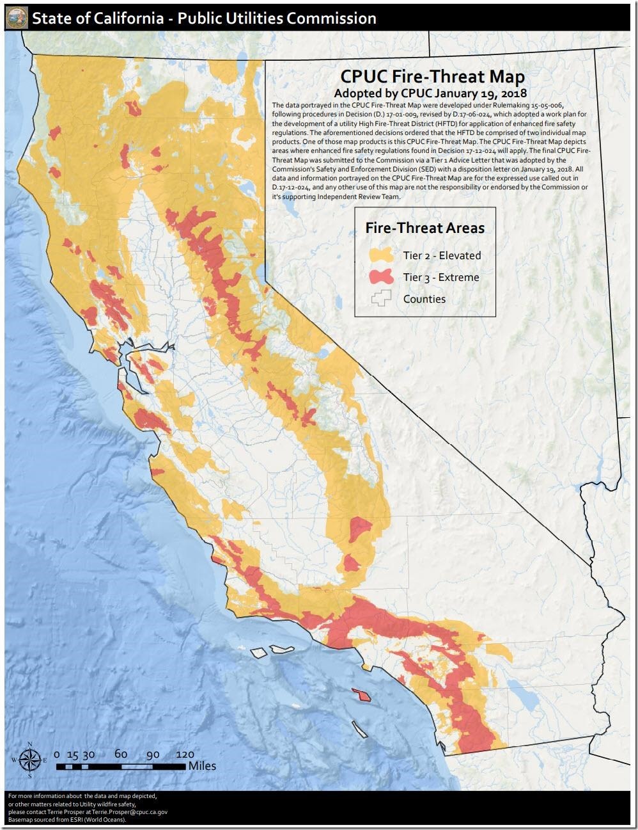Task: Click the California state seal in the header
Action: (17, 17)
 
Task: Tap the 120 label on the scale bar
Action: (184, 754)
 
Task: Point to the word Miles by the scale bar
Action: (202, 766)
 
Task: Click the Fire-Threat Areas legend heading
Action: (424, 228)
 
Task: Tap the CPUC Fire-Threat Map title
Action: (432, 77)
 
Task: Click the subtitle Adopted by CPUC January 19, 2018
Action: (432, 93)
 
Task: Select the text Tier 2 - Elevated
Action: (442, 255)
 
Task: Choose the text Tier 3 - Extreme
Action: (440, 277)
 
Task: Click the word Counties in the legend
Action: (424, 299)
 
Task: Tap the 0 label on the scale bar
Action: (57, 754)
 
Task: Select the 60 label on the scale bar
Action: (121, 754)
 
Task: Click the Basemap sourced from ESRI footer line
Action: (71, 819)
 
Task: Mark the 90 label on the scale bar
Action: (152, 754)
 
